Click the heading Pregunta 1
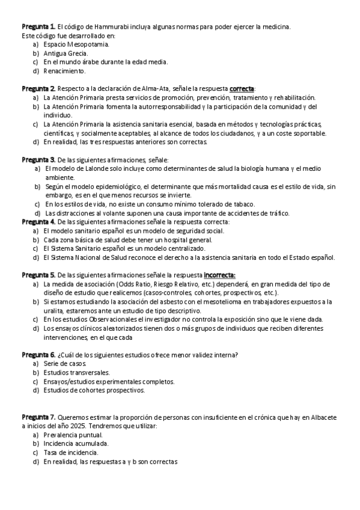(38, 27)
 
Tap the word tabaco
(242, 204)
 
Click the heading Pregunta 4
(38, 222)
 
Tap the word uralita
(53, 310)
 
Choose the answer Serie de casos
(65, 364)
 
